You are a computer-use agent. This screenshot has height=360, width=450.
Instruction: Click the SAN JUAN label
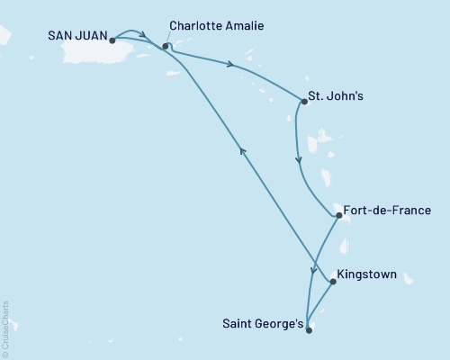(x=76, y=39)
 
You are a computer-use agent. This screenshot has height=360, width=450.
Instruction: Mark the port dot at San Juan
(x=112, y=40)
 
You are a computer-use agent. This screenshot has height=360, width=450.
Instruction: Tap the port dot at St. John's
(x=304, y=102)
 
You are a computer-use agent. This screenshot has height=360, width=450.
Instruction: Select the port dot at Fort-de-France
(x=337, y=216)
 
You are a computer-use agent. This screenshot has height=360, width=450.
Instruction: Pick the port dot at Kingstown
(x=334, y=282)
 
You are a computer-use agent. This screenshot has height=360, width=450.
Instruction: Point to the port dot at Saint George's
(x=309, y=330)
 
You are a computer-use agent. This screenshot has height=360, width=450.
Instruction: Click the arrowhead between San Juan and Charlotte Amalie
(x=144, y=36)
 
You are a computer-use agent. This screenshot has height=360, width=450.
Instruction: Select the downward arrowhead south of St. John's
(x=299, y=162)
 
